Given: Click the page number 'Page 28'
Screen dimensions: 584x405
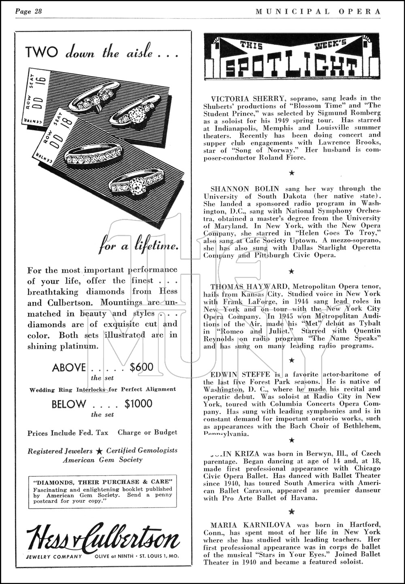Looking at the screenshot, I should pyautogui.click(x=28, y=11).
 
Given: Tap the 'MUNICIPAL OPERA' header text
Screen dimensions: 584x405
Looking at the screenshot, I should pyautogui.click(x=318, y=11).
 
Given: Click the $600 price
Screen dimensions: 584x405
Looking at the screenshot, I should pyautogui.click(x=141, y=367).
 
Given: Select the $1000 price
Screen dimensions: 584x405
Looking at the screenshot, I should pyautogui.click(x=139, y=403).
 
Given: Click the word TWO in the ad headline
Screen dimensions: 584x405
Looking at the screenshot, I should pyautogui.click(x=41, y=52).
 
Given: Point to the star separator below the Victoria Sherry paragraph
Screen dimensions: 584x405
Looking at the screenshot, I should pyautogui.click(x=291, y=173).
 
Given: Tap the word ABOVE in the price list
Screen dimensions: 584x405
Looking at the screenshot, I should pyautogui.click(x=69, y=367).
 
